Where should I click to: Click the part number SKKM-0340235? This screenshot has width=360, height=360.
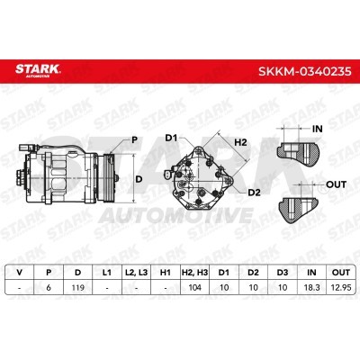pos(305,71)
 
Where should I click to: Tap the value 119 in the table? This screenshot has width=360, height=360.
pos(78,287)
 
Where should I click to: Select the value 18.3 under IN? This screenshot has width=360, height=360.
pos(311,287)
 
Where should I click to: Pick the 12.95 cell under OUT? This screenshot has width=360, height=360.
pos(341,287)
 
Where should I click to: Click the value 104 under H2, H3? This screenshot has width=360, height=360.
pos(194,287)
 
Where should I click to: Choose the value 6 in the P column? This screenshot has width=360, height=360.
pos(49,287)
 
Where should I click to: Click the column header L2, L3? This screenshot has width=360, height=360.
pos(137,273)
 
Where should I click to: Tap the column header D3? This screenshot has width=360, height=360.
pos(283,273)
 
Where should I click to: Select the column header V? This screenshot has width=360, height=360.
pos(20,273)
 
